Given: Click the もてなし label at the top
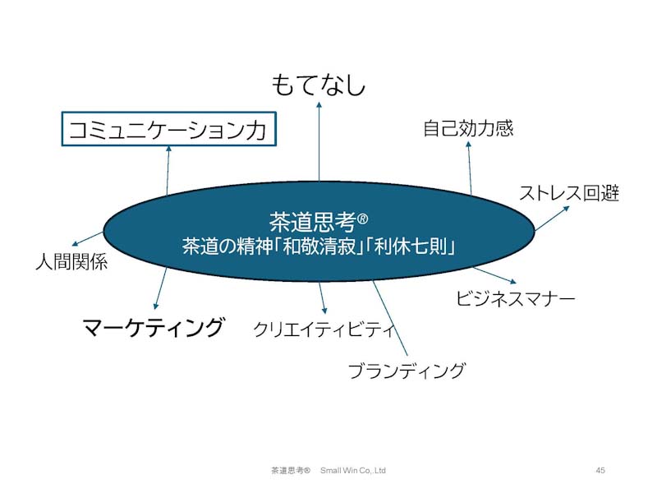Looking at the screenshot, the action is click(319, 85).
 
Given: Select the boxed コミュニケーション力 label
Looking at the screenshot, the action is click(169, 129).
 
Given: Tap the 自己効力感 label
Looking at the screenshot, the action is click(468, 128).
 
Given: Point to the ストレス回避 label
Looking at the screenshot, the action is click(569, 193).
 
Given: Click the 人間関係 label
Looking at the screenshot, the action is click(71, 261).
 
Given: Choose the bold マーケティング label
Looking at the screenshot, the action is click(154, 327).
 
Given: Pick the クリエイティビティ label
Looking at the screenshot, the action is click(324, 329).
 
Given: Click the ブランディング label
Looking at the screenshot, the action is click(406, 371).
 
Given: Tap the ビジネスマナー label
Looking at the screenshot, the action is click(516, 298).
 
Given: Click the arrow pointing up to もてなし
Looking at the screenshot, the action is click(319, 141).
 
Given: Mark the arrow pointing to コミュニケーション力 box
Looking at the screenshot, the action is click(168, 170).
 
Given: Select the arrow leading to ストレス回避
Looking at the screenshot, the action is click(552, 219).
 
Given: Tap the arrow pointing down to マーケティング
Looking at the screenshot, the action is click(160, 289).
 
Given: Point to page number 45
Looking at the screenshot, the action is click(600, 470).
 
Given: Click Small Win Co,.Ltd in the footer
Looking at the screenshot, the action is click(353, 470).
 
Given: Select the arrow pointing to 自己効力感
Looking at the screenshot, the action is click(470, 168).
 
